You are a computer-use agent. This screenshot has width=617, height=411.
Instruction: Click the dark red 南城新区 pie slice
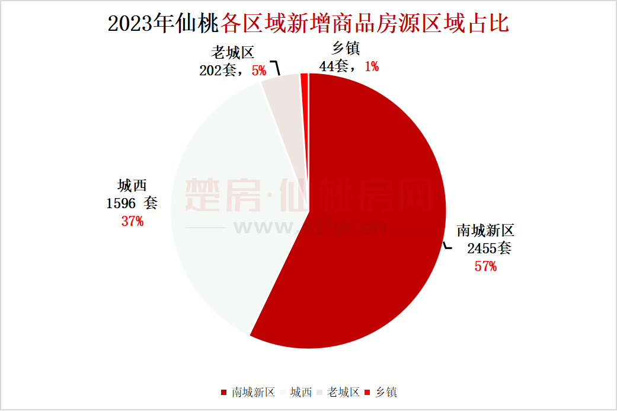367,237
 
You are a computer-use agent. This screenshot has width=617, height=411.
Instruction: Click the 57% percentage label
485,266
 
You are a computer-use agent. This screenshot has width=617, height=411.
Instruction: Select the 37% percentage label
132,222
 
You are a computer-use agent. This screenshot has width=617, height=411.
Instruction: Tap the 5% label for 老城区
259,71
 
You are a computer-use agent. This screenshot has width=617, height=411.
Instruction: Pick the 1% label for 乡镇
372,66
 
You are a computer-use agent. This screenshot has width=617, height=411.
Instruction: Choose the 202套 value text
220,71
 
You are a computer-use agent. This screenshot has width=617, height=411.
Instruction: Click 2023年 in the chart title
139,24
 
